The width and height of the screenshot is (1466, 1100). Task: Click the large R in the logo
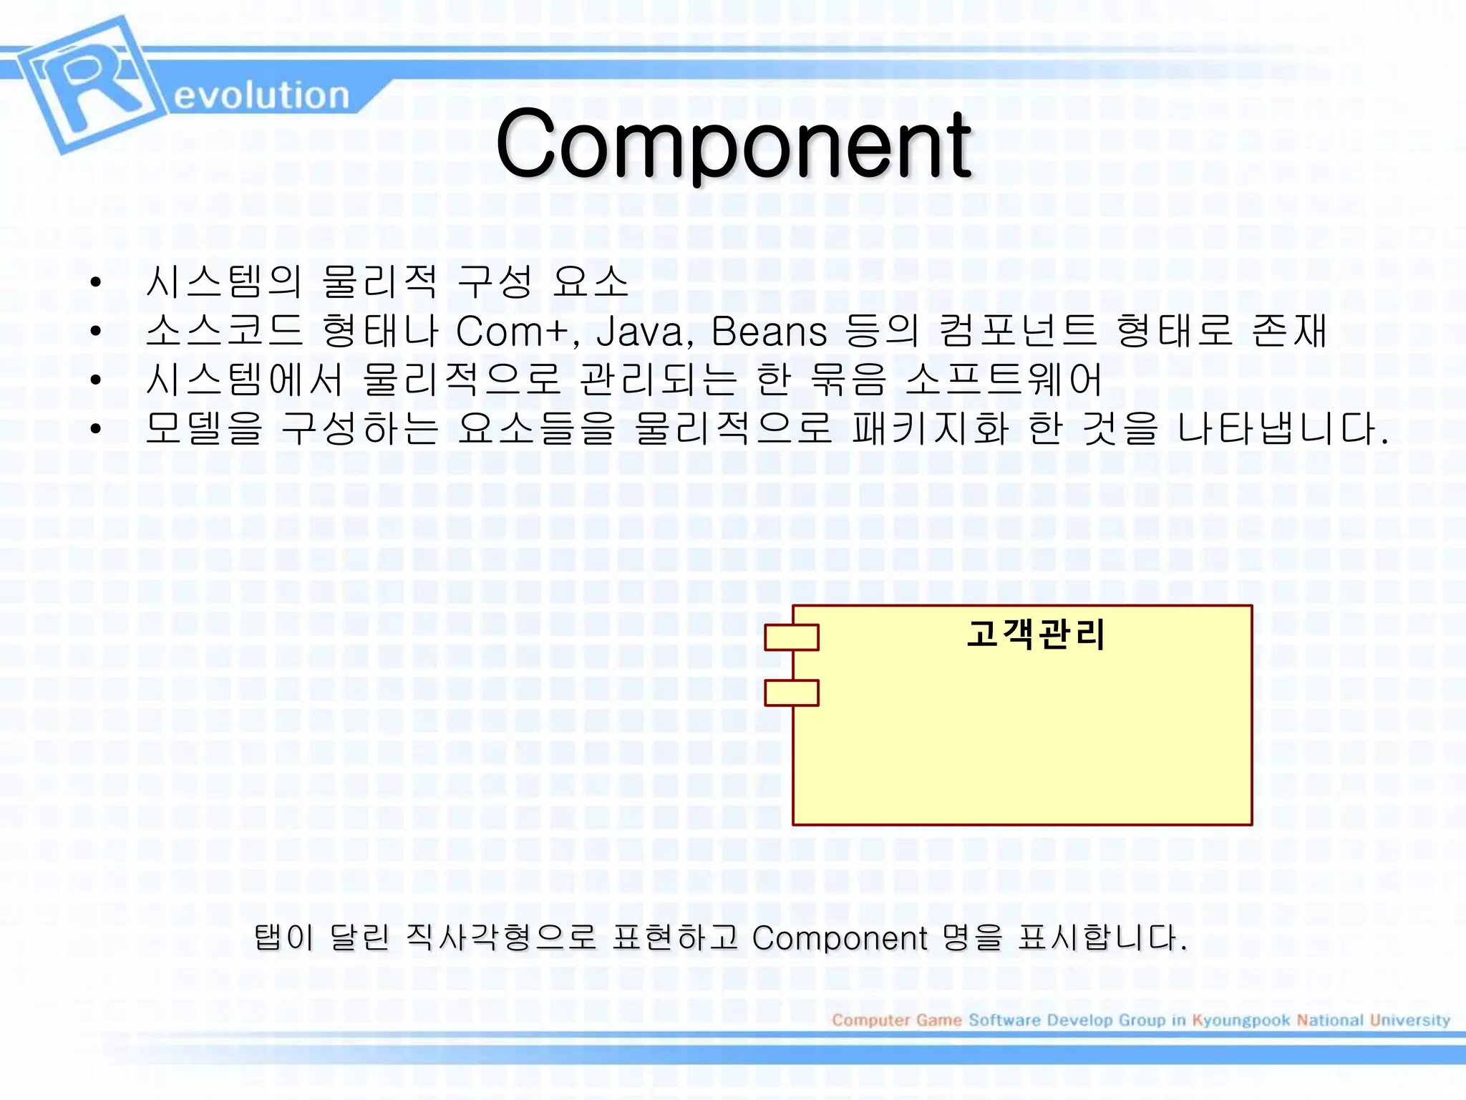[x=89, y=82]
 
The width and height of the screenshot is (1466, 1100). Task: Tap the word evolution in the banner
[x=261, y=96]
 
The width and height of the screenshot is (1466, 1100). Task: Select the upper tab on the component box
[x=791, y=637]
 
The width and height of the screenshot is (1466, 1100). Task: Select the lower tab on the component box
[x=791, y=693]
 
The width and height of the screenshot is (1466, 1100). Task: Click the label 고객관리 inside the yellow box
[x=1035, y=635]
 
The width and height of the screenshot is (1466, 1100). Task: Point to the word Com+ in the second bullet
[x=517, y=332]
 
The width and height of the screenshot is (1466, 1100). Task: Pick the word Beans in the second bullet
[x=769, y=332]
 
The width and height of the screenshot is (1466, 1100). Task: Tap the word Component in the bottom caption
[x=840, y=938]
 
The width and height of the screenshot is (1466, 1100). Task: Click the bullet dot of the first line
[x=96, y=282]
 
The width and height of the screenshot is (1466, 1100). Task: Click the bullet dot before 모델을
[x=96, y=429]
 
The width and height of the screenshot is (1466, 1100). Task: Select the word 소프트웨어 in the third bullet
[x=1004, y=380]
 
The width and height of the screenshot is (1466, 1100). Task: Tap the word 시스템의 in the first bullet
[x=223, y=281]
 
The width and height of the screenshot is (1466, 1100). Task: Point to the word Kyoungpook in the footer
[x=1241, y=1020]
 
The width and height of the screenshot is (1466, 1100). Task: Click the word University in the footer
[x=1409, y=1020]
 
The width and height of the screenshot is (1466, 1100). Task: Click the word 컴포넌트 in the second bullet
[x=1017, y=331]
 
